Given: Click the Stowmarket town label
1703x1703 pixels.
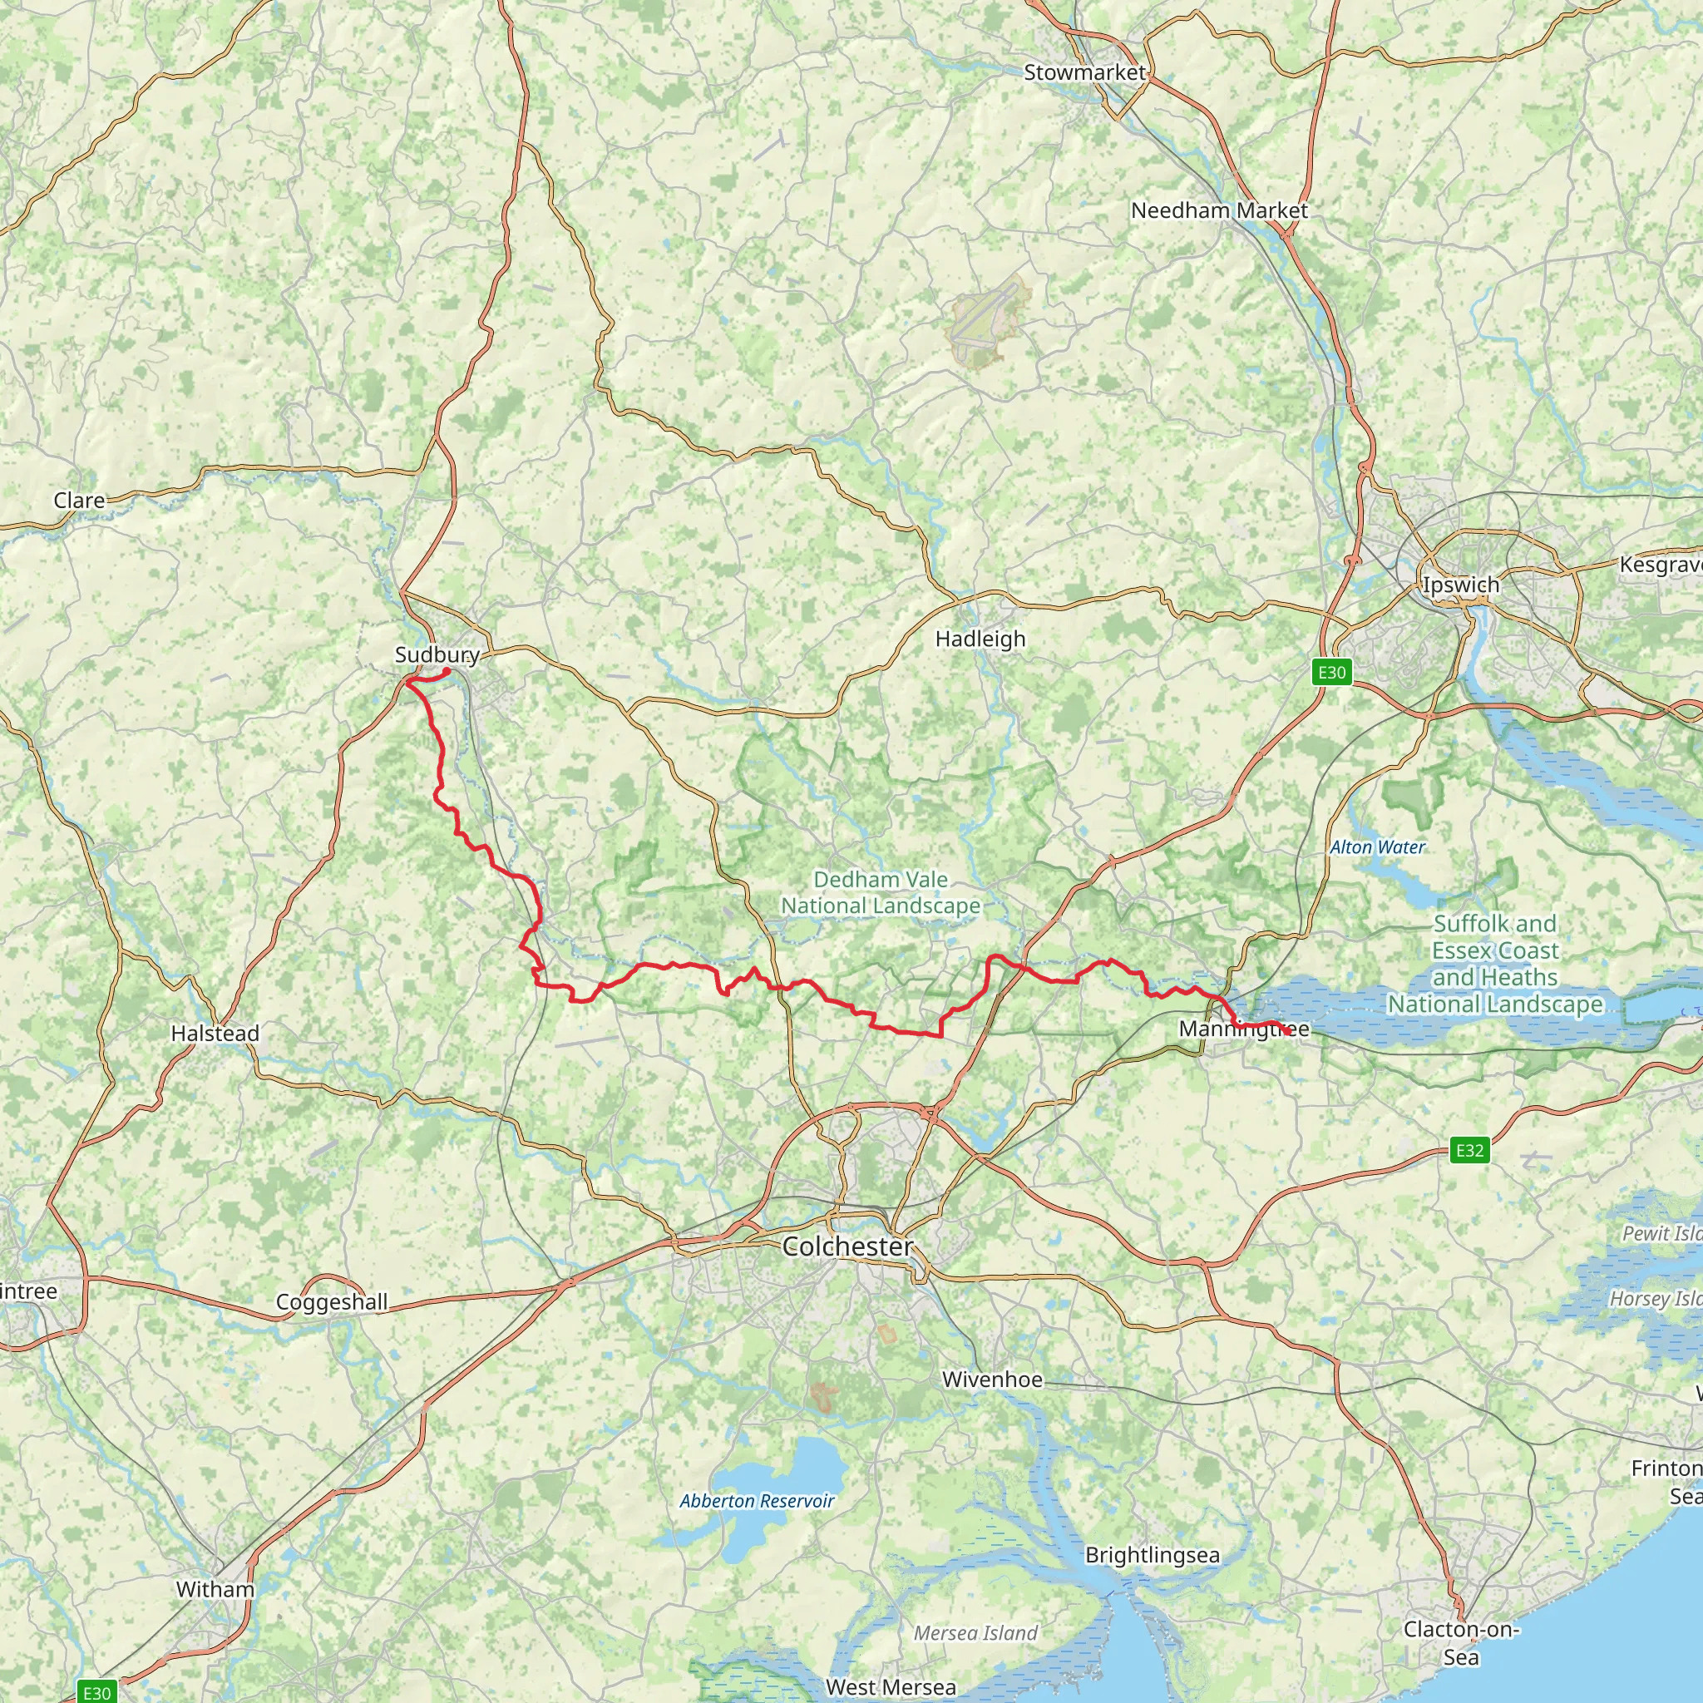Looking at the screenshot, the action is point(1084,72).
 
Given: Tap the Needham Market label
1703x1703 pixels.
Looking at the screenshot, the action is point(1219,210).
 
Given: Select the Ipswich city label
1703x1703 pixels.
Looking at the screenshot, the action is point(1460,585).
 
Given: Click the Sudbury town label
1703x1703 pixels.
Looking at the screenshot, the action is point(437,654).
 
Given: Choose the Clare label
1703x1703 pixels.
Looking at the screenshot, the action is point(79,500).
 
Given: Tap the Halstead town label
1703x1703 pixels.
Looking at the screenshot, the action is point(215,1033).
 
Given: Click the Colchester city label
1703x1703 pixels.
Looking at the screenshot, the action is point(847,1246).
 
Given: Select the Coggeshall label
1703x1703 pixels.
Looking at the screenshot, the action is point(332,1302).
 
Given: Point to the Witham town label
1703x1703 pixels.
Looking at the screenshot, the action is point(215,1589).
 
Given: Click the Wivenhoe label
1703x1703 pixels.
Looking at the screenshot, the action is point(992,1380).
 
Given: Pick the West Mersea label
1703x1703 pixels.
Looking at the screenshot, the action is point(891,1687).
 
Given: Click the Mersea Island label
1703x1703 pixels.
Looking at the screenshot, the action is point(975,1633).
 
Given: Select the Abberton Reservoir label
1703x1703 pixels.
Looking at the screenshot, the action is point(757,1501).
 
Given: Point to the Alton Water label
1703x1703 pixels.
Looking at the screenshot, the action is point(1377,847).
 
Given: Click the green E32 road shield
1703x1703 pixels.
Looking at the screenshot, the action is point(1469,1149).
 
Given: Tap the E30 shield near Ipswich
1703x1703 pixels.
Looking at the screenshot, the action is point(1331,673).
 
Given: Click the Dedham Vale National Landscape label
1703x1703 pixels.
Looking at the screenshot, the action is point(881,892).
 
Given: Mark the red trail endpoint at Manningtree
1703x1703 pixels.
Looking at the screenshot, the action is point(1288,1030).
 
